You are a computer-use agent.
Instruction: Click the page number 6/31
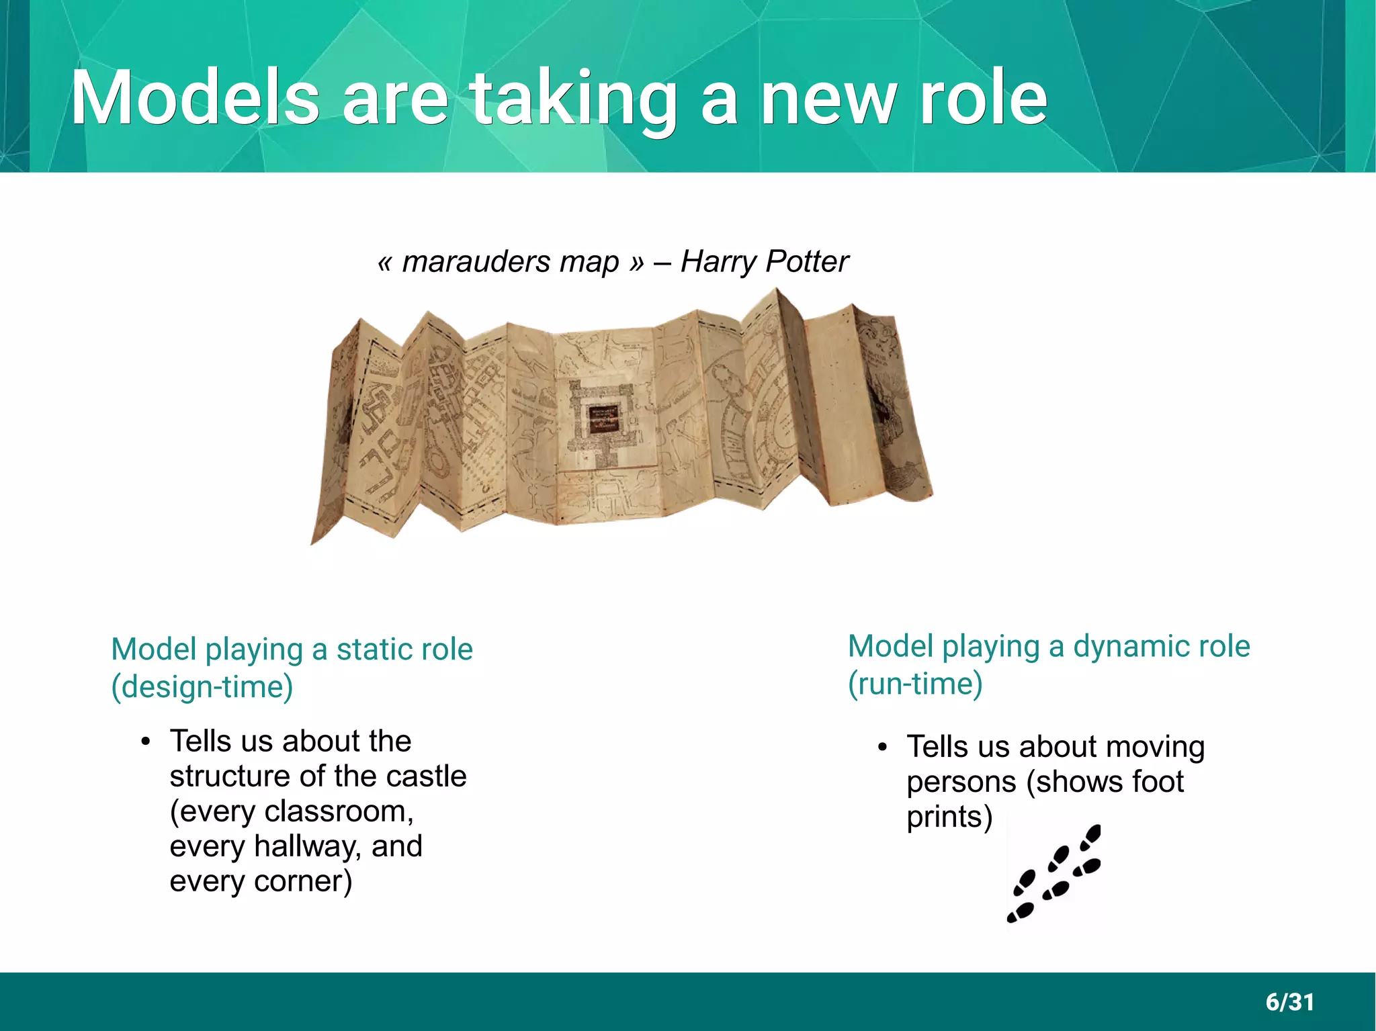click(1289, 1002)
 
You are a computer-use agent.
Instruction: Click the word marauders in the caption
click(477, 261)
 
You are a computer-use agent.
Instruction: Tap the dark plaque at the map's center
click(603, 419)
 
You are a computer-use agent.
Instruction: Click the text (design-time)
click(202, 687)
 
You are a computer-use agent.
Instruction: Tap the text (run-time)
click(915, 684)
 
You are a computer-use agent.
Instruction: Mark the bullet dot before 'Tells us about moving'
click(883, 748)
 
